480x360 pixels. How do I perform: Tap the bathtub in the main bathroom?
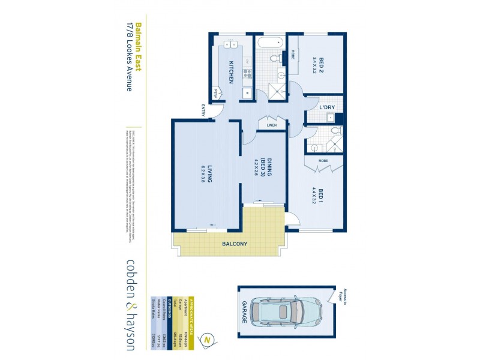click(x=268, y=43)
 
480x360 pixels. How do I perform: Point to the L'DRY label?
click(x=326, y=107)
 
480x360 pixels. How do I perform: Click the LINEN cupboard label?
click(x=271, y=125)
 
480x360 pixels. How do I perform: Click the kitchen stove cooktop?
click(x=246, y=74)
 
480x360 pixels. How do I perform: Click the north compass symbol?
click(x=207, y=338)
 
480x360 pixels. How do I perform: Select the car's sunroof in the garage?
click(x=282, y=310)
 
